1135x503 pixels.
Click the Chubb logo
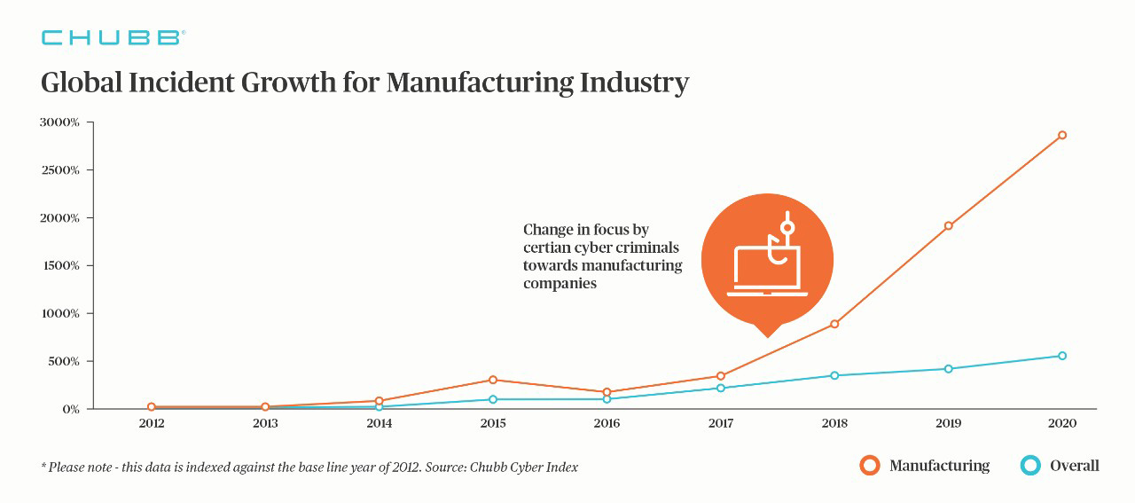click(113, 37)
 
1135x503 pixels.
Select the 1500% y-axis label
click(59, 266)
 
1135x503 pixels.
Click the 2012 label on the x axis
click(152, 424)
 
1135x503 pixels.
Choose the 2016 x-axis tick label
click(607, 424)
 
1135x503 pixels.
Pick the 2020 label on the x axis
click(1061, 424)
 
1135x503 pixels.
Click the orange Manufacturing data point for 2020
click(1061, 136)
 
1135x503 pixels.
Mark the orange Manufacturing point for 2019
click(948, 226)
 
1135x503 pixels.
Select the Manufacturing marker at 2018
click(834, 324)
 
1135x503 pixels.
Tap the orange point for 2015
click(493, 380)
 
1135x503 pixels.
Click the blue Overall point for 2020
click(1061, 356)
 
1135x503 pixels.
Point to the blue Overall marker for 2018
click(834, 375)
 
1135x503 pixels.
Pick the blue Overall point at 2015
click(493, 399)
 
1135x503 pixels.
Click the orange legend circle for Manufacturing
click(870, 466)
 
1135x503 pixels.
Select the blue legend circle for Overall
click(1030, 466)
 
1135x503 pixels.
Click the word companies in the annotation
click(560, 284)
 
